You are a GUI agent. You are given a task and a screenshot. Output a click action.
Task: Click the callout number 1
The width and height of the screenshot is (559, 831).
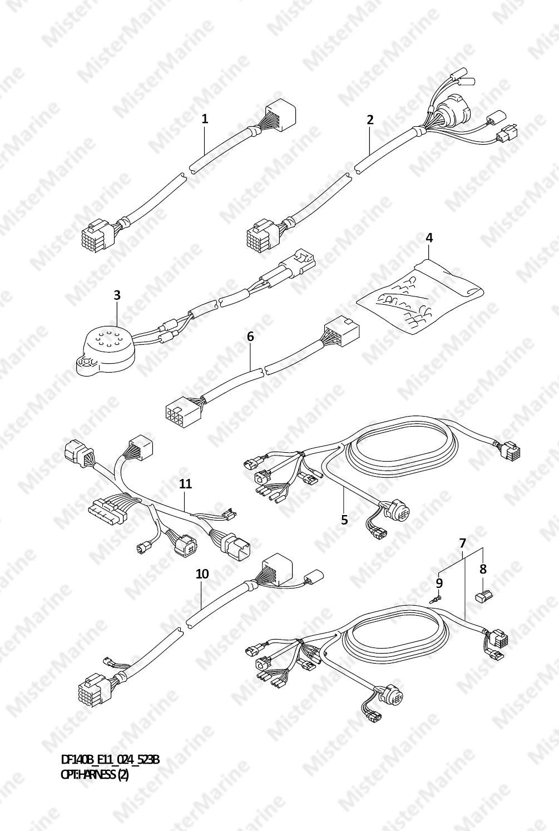(205, 119)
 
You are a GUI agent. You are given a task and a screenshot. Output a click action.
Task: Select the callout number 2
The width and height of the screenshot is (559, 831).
(370, 120)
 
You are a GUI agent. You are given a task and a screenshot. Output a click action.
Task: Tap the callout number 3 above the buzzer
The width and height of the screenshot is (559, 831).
(117, 295)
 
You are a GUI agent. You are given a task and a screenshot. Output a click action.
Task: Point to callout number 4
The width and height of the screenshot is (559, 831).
(429, 238)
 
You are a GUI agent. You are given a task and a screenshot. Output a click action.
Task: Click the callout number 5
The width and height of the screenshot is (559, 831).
(345, 520)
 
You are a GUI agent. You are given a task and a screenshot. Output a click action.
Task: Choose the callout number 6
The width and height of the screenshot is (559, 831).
(250, 337)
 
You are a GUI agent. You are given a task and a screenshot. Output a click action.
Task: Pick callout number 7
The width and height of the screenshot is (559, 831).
(463, 543)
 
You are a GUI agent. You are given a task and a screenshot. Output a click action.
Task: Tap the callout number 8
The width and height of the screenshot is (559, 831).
(483, 569)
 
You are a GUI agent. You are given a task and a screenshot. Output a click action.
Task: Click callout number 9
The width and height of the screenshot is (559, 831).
(439, 583)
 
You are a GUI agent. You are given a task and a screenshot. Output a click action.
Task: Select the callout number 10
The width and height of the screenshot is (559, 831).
(202, 574)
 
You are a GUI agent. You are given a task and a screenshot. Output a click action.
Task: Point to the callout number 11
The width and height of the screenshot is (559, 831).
(185, 484)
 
